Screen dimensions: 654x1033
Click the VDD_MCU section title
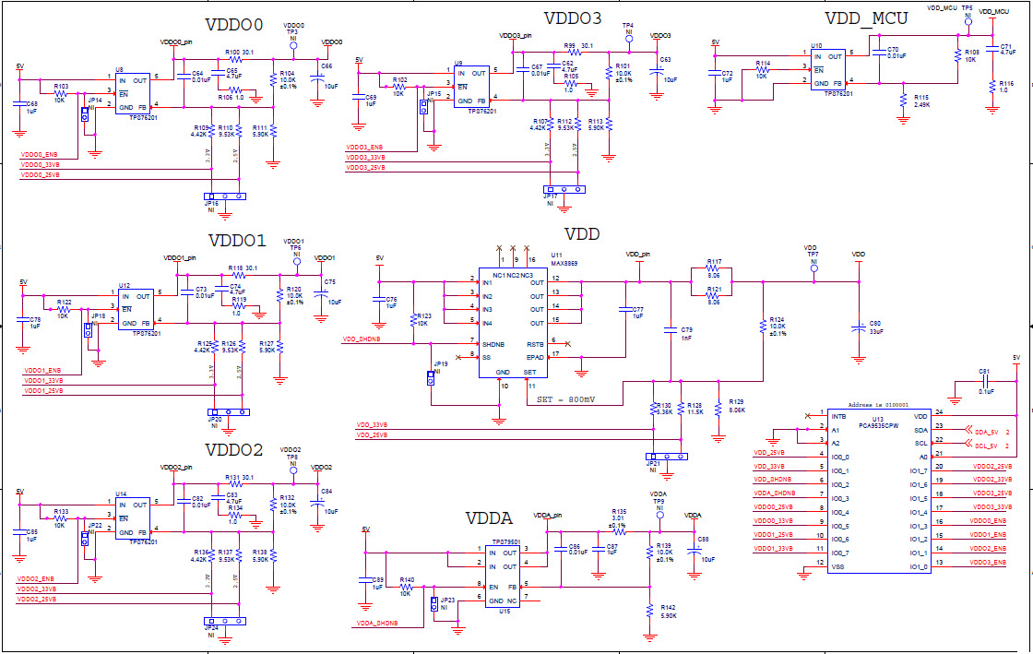click(865, 18)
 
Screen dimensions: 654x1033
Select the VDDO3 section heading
click(573, 18)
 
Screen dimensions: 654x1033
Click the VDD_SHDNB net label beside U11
click(362, 339)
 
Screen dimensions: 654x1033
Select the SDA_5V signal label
click(988, 430)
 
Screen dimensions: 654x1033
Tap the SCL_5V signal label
click(988, 444)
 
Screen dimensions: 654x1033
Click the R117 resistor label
click(714, 262)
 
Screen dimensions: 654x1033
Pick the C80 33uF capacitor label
click(875, 327)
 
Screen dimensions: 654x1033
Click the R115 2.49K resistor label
click(920, 100)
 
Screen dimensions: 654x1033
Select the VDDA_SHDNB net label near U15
click(376, 623)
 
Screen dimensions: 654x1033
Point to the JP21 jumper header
click(666, 456)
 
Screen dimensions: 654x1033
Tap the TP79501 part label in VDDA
click(506, 542)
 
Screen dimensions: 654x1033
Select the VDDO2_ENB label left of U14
click(35, 578)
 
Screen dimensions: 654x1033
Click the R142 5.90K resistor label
click(668, 611)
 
